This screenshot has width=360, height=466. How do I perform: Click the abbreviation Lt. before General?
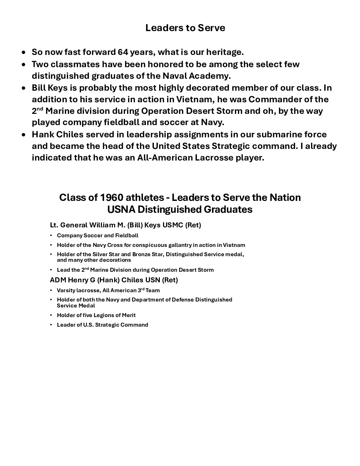coord(54,225)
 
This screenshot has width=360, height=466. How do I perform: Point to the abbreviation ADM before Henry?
coord(58,280)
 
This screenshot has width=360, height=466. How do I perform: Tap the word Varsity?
coord(66,291)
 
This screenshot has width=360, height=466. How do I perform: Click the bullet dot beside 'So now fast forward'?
coord(23,53)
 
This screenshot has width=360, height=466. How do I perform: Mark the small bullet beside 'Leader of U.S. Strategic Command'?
coord(51,325)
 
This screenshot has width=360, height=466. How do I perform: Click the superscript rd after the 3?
coord(143,289)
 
